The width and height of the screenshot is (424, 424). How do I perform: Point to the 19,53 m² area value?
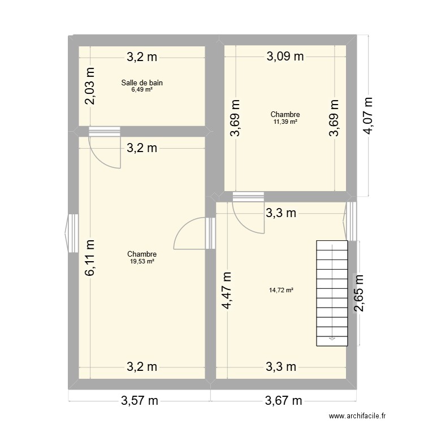[x=142, y=261]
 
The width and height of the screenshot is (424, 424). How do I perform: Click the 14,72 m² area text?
[x=281, y=290]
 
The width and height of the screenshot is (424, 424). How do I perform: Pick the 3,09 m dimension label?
[x=285, y=56]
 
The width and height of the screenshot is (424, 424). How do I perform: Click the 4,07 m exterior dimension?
[x=369, y=115]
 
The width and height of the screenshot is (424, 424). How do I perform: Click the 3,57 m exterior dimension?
[x=140, y=401]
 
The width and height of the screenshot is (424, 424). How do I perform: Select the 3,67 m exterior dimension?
[x=284, y=401]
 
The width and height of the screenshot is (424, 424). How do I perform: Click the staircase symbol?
[x=331, y=292]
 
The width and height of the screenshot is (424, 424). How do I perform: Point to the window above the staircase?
[x=351, y=220]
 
